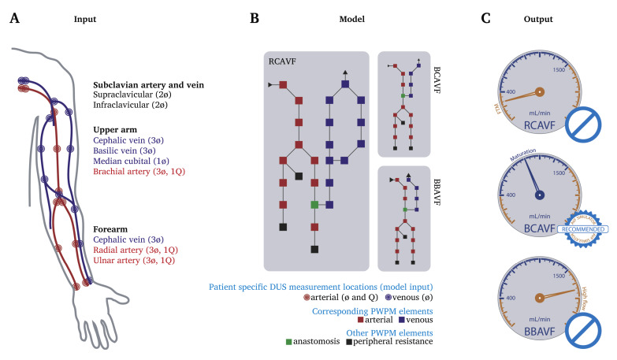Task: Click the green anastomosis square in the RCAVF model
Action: tap(314, 205)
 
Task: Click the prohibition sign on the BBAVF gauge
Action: tap(584, 334)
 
